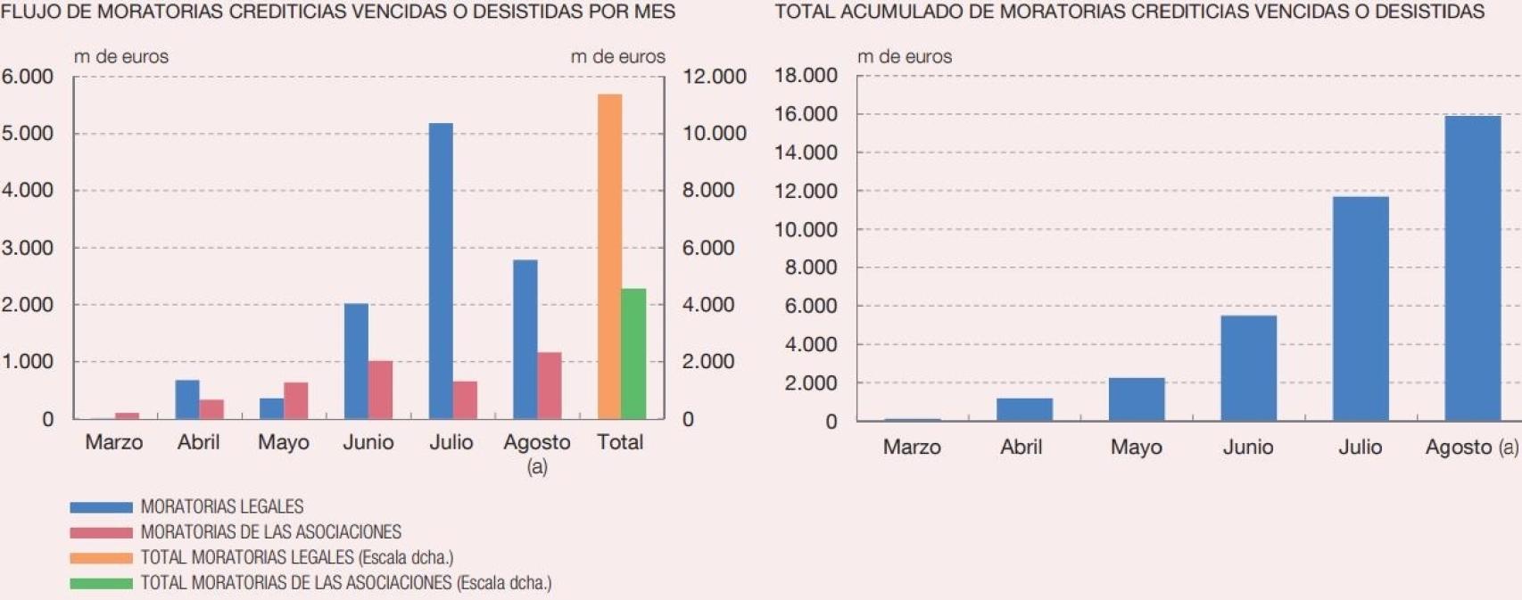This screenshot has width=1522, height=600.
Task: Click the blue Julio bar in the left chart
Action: tap(441, 272)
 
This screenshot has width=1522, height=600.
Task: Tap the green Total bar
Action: tap(633, 354)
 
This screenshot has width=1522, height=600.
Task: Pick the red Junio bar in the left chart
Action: tap(381, 390)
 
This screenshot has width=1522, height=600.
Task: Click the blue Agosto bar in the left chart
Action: tap(525, 340)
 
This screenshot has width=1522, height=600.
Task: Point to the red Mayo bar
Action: tap(296, 401)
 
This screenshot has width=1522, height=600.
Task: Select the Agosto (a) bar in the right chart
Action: tap(1472, 268)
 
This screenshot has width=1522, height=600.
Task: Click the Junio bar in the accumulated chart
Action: tap(1248, 368)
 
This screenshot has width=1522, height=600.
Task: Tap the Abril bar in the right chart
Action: tap(1024, 409)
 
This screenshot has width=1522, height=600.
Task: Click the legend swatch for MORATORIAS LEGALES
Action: tap(101, 507)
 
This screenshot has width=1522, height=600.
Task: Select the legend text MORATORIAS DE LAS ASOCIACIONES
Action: tap(270, 532)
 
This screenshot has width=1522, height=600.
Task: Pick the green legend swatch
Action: tap(101, 584)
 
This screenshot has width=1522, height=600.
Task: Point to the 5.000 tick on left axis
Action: tap(28, 134)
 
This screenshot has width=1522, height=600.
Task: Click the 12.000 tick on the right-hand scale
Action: tap(714, 77)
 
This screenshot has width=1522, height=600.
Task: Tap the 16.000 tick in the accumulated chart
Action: tap(806, 114)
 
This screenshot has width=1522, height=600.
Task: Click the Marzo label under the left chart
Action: tap(113, 442)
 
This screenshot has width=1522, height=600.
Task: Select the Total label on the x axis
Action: tap(620, 442)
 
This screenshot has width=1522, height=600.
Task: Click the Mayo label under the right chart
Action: tap(1136, 448)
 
